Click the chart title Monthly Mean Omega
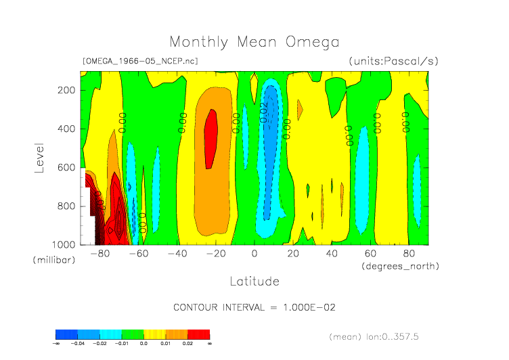pyautogui.click(x=254, y=42)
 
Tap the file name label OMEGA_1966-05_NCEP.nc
pyautogui.click(x=140, y=61)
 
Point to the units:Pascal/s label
pyautogui.click(x=393, y=61)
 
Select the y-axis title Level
pyautogui.click(x=39, y=157)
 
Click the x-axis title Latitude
pyautogui.click(x=254, y=280)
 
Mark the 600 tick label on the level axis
pyautogui.click(x=66, y=167)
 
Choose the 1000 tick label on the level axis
pyautogui.click(x=64, y=244)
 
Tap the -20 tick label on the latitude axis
pyautogui.click(x=216, y=254)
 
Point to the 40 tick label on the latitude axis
pyautogui.click(x=332, y=254)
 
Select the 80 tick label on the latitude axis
pyautogui.click(x=409, y=254)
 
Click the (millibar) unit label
pyautogui.click(x=52, y=261)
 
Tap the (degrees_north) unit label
pyautogui.click(x=400, y=266)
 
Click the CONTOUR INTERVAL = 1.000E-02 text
pyautogui.click(x=255, y=307)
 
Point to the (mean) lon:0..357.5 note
pyautogui.click(x=383, y=336)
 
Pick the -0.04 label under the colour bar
pyautogui.click(x=79, y=344)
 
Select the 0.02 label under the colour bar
pyautogui.click(x=187, y=344)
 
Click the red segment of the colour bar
pyautogui.click(x=199, y=334)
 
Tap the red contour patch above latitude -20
pyautogui.click(x=211, y=139)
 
